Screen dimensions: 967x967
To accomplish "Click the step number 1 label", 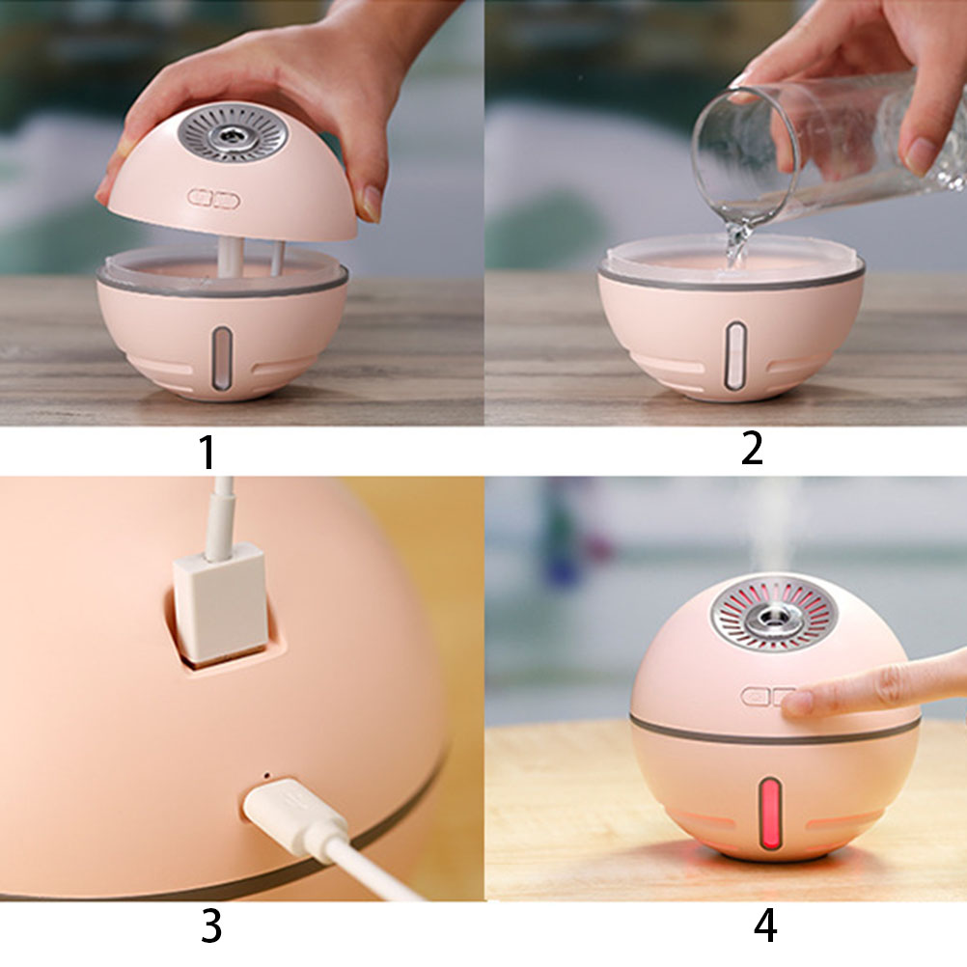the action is coord(207,452).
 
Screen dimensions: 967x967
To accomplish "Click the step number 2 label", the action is coord(752,449).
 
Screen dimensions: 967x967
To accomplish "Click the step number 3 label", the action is coord(211,926).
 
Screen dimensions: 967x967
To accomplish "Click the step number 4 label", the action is coord(764,926).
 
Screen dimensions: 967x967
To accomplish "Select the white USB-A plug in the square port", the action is coord(219,603).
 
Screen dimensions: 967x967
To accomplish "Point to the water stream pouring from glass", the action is coord(737,240).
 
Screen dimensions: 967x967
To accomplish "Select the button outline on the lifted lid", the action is coord(214,199).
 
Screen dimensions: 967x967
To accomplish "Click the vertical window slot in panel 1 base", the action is coord(222,358).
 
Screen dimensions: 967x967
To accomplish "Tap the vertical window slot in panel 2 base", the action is coord(733,356).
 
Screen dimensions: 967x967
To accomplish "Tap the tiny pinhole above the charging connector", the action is coord(266,775).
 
